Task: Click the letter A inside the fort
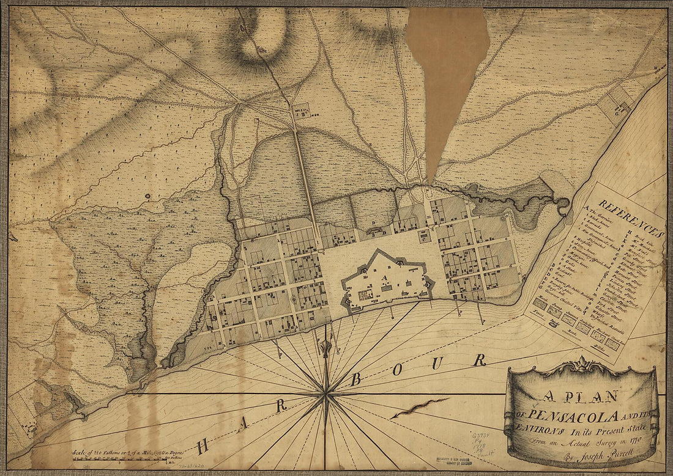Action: (385, 279)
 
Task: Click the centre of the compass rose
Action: (325, 396)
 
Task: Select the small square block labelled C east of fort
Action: (425, 238)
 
